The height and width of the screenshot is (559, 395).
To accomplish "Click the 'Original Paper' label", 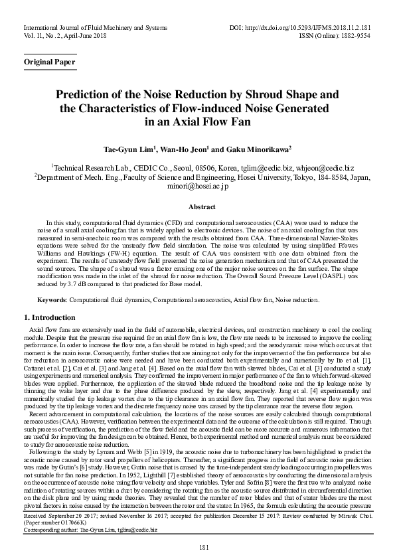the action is click(49, 62).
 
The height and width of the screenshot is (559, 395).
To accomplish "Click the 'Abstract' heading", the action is click(197, 207).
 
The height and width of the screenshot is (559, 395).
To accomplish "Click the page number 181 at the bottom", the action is click(197, 546).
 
